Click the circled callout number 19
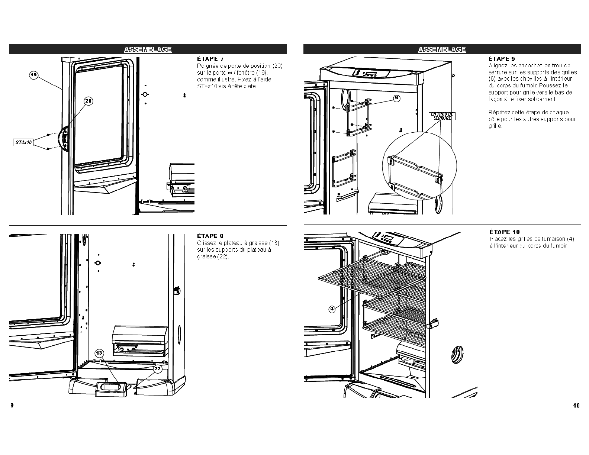[x=33, y=75]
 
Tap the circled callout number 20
[x=88, y=101]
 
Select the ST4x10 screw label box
[x=23, y=142]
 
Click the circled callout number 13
[x=99, y=353]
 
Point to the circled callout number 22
[x=158, y=368]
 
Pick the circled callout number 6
[x=397, y=98]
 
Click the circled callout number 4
[x=332, y=308]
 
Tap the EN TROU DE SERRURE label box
[x=442, y=116]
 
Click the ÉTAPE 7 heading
[x=210, y=59]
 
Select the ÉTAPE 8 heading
[x=210, y=236]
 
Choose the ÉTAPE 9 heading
[x=502, y=59]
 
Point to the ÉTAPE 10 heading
[x=505, y=232]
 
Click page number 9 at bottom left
[x=12, y=405]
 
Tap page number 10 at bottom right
[x=576, y=406]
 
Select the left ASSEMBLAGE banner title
[x=148, y=49]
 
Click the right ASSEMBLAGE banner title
[x=442, y=49]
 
